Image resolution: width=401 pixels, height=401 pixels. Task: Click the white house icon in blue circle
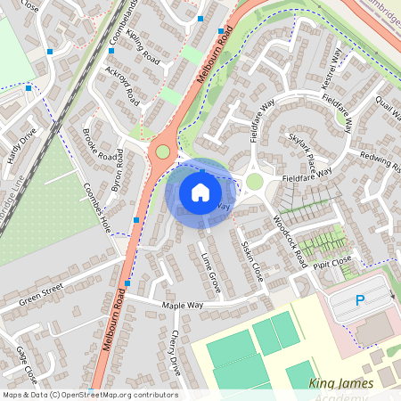(200, 192)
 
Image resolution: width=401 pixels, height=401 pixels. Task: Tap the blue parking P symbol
(360, 301)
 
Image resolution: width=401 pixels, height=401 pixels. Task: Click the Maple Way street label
(183, 306)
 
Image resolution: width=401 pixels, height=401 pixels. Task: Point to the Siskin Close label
(252, 260)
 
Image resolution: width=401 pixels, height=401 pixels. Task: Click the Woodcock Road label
(291, 241)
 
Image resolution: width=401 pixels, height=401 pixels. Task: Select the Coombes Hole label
(96, 208)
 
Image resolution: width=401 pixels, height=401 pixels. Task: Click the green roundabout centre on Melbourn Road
(162, 151)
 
